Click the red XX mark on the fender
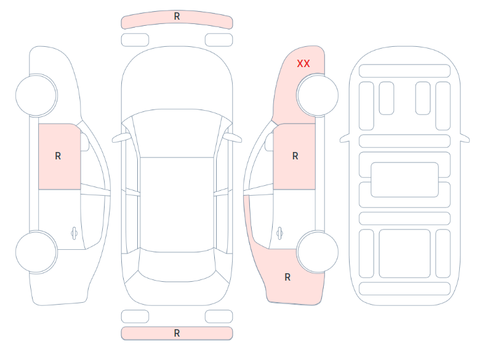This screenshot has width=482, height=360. pyautogui.click(x=303, y=63)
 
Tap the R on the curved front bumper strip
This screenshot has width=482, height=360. pyautogui.click(x=177, y=16)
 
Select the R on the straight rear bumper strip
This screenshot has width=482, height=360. pyautogui.click(x=177, y=334)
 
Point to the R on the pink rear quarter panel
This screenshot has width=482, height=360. pyautogui.click(x=287, y=278)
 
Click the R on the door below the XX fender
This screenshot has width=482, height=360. pyautogui.click(x=295, y=156)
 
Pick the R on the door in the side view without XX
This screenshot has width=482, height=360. pyautogui.click(x=58, y=156)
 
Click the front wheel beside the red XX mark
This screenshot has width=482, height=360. pyautogui.click(x=317, y=95)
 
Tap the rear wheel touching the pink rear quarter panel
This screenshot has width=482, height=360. pyautogui.click(x=317, y=252)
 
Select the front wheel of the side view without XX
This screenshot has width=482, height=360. pyautogui.click(x=36, y=95)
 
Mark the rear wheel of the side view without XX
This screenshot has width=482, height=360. pyautogui.click(x=36, y=252)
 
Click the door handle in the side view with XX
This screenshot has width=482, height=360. pyautogui.click(x=279, y=233)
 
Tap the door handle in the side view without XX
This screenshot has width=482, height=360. pyautogui.click(x=74, y=233)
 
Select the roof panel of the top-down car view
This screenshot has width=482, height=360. pyautogui.click(x=177, y=204)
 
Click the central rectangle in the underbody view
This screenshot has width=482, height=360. pyautogui.click(x=404, y=180)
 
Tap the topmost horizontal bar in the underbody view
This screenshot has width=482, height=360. pyautogui.click(x=404, y=71)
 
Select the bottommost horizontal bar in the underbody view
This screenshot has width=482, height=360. pyautogui.click(x=404, y=289)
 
